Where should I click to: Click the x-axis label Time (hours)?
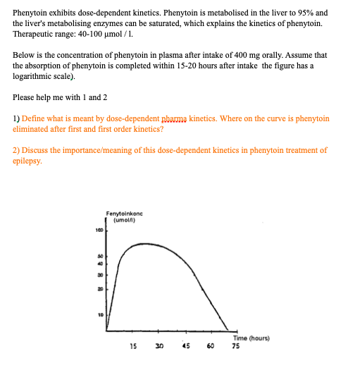[x=251, y=338]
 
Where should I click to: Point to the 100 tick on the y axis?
[x=100, y=230]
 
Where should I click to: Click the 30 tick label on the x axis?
[x=159, y=346]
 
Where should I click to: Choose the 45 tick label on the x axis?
[x=185, y=346]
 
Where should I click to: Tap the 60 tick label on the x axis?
[x=211, y=346]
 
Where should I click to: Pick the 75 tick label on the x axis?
[x=236, y=346]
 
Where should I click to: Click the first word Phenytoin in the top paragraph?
[x=32, y=13]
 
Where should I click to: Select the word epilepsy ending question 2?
[x=30, y=161]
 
